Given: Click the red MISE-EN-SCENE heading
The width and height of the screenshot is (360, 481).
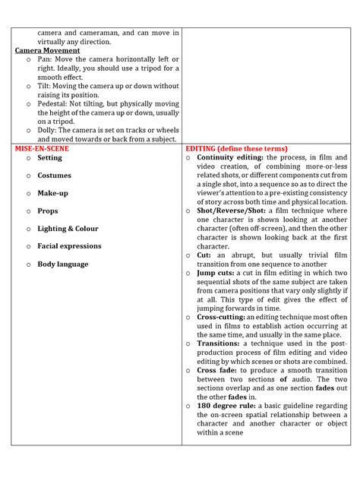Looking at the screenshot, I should [42, 149].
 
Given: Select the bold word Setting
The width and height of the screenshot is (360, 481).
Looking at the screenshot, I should [50, 158].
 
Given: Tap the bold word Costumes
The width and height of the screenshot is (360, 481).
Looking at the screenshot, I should [55, 176].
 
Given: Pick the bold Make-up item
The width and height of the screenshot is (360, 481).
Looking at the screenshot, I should [53, 193].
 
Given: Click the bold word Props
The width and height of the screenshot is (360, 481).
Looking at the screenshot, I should [48, 210].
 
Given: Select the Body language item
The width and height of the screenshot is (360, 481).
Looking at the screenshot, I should [63, 264].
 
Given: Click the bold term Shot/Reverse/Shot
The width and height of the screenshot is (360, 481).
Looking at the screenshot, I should [230, 210].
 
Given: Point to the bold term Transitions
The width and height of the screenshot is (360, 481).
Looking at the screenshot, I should [216, 344].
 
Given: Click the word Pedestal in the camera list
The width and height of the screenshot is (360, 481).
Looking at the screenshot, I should [52, 103].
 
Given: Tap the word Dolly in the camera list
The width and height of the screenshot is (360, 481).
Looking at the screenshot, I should [47, 130].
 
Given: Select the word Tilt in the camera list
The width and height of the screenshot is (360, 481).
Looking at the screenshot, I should [44, 86].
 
